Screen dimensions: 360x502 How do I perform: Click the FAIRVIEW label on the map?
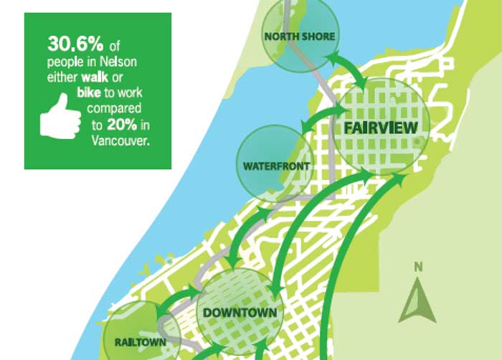point(381,128)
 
